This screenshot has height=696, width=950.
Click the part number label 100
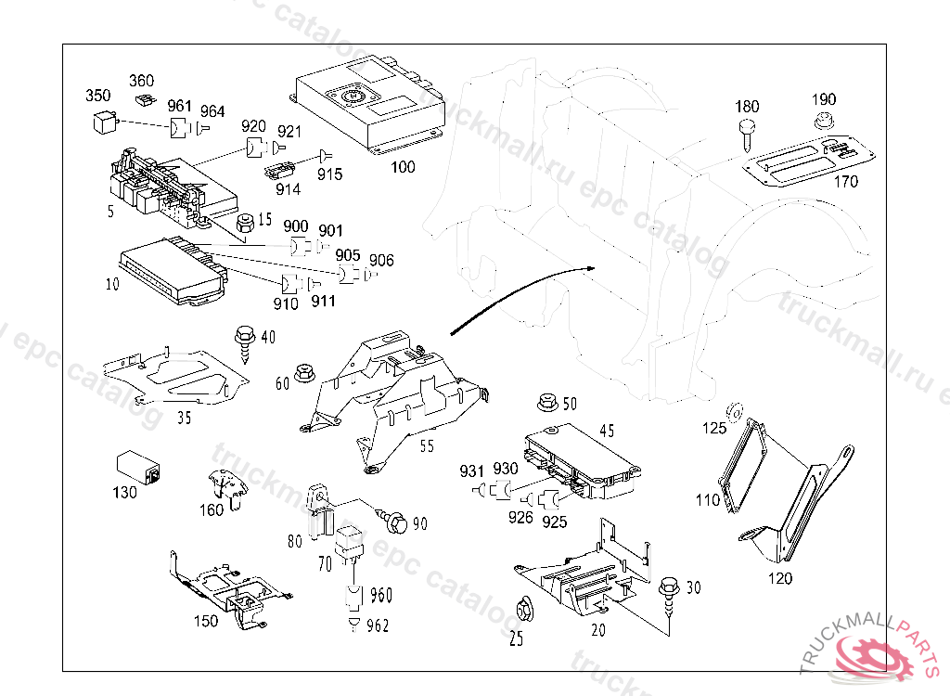pyautogui.click(x=403, y=167)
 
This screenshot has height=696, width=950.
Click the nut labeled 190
pyautogui.click(x=823, y=121)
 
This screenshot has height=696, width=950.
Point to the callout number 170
pyautogui.click(x=845, y=182)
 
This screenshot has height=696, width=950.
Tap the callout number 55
pyautogui.click(x=426, y=446)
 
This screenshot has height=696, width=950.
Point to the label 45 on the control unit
pyautogui.click(x=606, y=431)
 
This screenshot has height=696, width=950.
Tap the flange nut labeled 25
pyautogui.click(x=523, y=610)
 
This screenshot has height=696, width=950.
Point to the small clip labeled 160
pyautogui.click(x=225, y=488)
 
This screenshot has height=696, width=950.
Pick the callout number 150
pyautogui.click(x=205, y=621)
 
